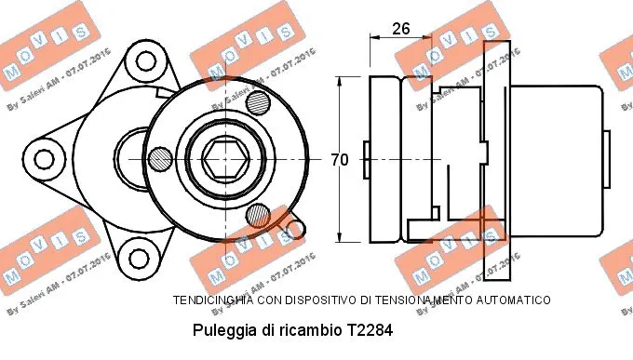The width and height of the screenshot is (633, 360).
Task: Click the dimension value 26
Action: (401, 29)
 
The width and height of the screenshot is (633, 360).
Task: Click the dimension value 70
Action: (340, 160)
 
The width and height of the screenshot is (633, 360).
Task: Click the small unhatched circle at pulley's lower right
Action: (294, 226)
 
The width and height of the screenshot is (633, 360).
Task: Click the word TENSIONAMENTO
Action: (420, 300)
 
